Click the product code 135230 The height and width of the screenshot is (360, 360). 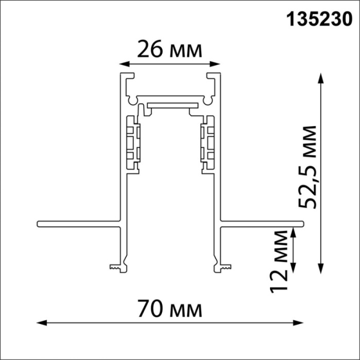(320, 21)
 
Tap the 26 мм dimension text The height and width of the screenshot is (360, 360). (168, 49)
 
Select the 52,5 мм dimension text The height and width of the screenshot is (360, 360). (309, 166)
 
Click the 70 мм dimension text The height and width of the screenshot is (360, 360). (170, 310)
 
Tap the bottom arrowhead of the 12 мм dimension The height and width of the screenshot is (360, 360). (294, 268)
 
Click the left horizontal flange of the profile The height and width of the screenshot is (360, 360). (77, 224)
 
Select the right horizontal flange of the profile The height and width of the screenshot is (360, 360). (262, 224)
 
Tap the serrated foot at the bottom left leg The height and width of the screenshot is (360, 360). (118, 267)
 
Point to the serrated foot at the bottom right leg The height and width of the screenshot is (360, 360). (222, 267)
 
